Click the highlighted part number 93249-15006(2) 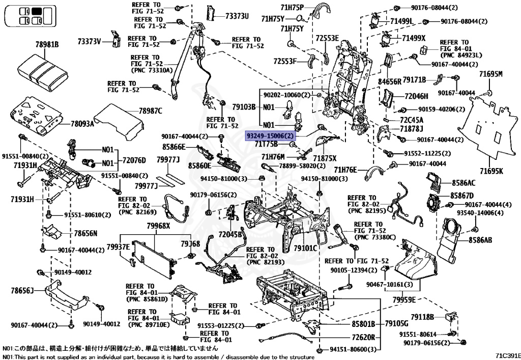coord(270,136)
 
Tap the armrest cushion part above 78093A coord(41,71)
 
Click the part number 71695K coord(490,171)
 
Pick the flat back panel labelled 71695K coord(488,127)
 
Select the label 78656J coord(22,291)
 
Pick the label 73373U coord(237,16)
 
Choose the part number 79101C coord(305,248)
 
